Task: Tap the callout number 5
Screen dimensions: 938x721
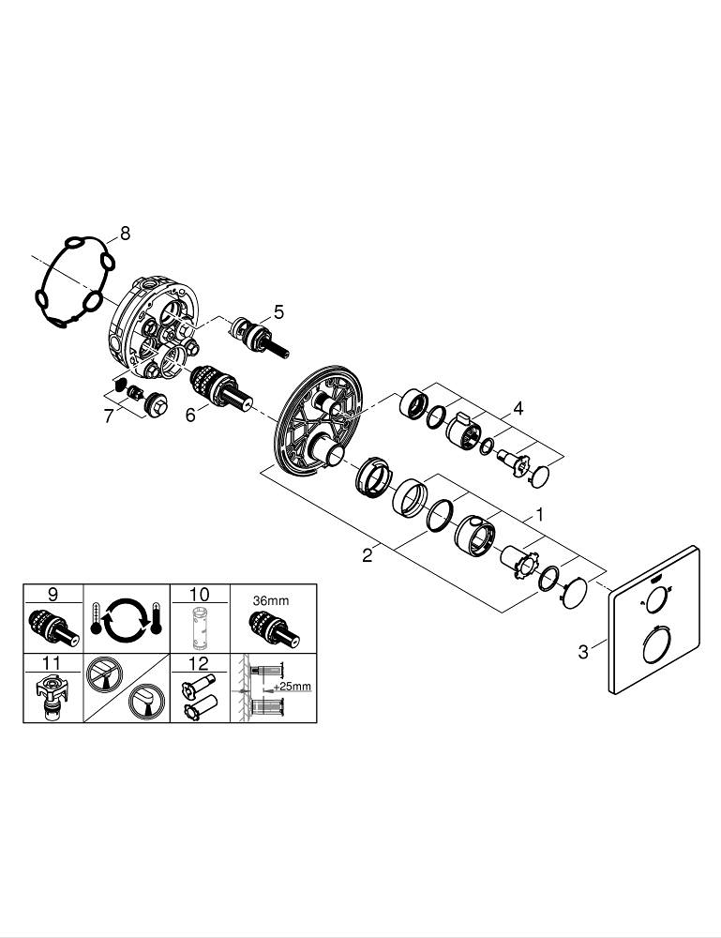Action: point(278,311)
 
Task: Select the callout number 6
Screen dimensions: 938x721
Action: point(190,414)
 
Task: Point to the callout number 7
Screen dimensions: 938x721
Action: point(109,416)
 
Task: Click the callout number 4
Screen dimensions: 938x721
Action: point(518,409)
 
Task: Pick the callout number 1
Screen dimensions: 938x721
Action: point(539,515)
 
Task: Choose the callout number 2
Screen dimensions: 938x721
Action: point(368,555)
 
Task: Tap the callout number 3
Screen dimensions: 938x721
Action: point(583,651)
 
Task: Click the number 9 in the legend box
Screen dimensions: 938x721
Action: point(53,594)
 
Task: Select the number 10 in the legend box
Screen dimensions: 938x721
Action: point(200,594)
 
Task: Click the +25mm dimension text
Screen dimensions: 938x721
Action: point(293,687)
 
